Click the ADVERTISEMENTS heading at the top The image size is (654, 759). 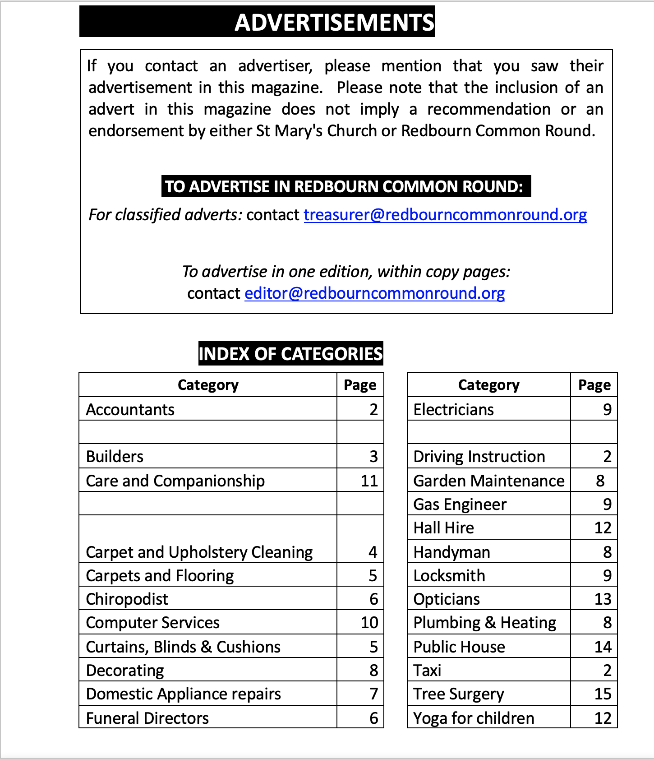pyautogui.click(x=334, y=22)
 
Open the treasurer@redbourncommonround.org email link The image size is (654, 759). pyautogui.click(x=445, y=215)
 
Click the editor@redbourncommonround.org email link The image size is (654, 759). pyautogui.click(x=374, y=293)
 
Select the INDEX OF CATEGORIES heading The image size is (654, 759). pyautogui.click(x=290, y=354)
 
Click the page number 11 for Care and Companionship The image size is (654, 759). pyautogui.click(x=369, y=481)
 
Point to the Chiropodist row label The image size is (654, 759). pyautogui.click(x=127, y=599)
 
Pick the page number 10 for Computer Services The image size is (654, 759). pyautogui.click(x=369, y=623)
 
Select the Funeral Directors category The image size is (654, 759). pyautogui.click(x=147, y=718)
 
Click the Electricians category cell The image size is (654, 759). pyautogui.click(x=453, y=410)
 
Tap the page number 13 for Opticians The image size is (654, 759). pyautogui.click(x=603, y=599)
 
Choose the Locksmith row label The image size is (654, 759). pyautogui.click(x=449, y=576)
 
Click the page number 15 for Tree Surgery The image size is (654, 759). pyautogui.click(x=603, y=694)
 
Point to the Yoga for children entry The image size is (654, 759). pyautogui.click(x=474, y=718)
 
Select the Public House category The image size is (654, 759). pyautogui.click(x=459, y=647)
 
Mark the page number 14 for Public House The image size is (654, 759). pyautogui.click(x=603, y=647)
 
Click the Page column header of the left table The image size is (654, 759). pyautogui.click(x=360, y=385)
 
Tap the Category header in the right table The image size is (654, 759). pyautogui.click(x=488, y=385)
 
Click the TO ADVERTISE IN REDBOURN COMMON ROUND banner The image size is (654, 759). pyautogui.click(x=346, y=186)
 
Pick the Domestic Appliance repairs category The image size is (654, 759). pyautogui.click(x=183, y=694)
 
